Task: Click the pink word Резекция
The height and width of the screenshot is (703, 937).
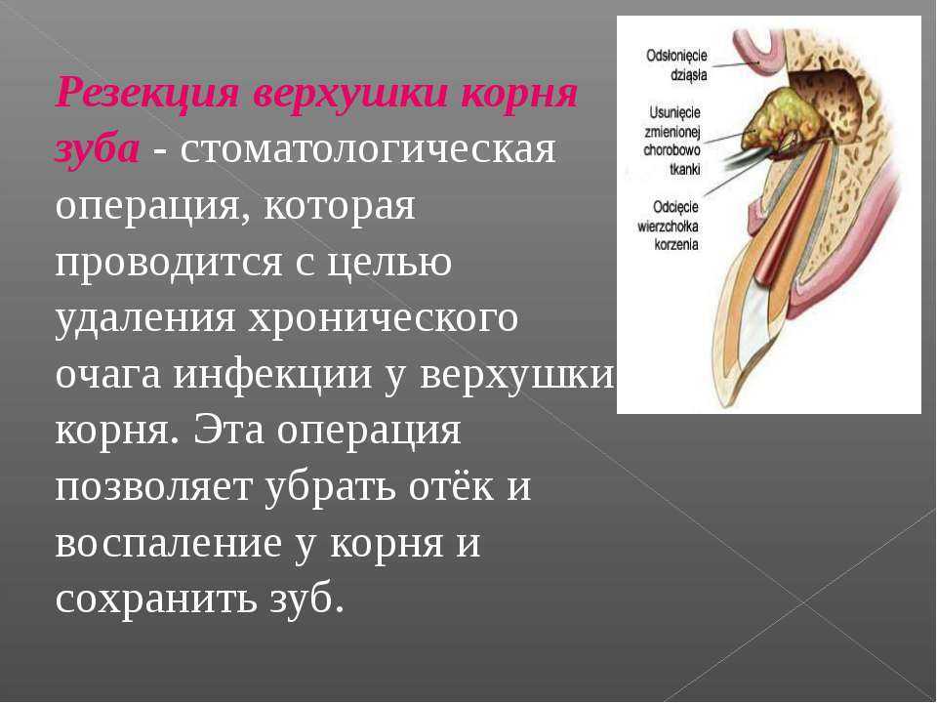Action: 147,93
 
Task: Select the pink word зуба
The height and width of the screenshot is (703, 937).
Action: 98,150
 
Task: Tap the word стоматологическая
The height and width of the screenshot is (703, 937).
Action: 368,148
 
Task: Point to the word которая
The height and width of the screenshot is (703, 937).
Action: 339,206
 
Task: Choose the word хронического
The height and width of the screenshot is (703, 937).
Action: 383,319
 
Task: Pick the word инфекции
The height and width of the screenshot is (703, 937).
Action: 273,375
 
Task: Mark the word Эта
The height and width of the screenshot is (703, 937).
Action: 228,431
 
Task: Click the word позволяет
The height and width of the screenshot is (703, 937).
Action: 153,487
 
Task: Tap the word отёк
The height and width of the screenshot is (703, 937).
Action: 452,486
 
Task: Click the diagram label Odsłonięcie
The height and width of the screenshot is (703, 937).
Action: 676,57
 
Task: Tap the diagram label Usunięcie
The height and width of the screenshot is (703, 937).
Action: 674,112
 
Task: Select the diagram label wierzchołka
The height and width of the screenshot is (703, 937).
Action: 668,227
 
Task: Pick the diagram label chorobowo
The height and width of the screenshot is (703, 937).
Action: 672,150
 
